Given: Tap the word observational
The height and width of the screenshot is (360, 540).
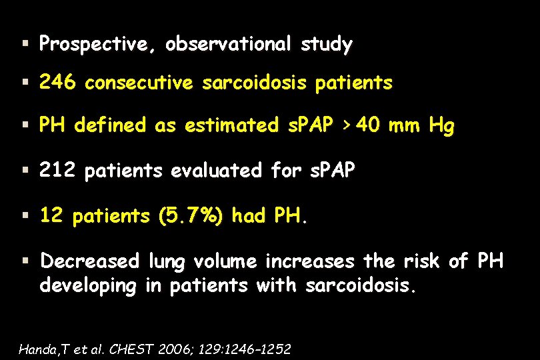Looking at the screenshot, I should (x=227, y=45).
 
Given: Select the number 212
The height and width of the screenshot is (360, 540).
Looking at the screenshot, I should (x=57, y=171).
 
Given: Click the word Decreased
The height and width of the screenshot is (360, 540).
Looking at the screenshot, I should (x=90, y=261).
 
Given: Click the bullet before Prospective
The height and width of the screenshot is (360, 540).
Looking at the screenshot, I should (x=25, y=45).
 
